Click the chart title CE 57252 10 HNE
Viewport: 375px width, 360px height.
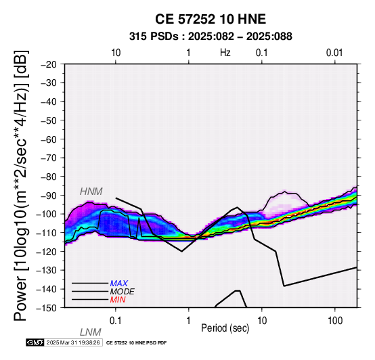(x=211, y=19)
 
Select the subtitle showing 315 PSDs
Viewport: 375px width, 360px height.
(x=211, y=37)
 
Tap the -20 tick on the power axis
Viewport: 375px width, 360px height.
(x=49, y=64)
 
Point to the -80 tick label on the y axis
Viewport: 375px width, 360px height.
(x=49, y=177)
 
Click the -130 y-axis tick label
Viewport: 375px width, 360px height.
(x=47, y=270)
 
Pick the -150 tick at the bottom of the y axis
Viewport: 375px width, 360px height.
(x=47, y=308)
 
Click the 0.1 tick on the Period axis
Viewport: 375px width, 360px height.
(x=115, y=321)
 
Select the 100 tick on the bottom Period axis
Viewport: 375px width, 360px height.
(x=335, y=321)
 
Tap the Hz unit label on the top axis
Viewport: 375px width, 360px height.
(x=225, y=53)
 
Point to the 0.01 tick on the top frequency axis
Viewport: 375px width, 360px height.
(x=334, y=53)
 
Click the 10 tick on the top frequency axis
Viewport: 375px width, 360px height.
(x=116, y=53)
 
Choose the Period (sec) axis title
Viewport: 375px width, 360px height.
(x=225, y=328)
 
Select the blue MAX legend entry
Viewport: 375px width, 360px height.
(x=119, y=284)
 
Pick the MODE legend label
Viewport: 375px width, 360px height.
(x=123, y=292)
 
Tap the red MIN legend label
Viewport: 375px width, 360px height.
(x=118, y=300)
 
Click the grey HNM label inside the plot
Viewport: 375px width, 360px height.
(x=91, y=192)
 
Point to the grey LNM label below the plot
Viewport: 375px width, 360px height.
(x=91, y=332)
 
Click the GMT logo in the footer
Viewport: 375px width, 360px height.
(x=35, y=342)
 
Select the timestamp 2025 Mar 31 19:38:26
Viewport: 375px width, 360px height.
(x=73, y=342)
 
